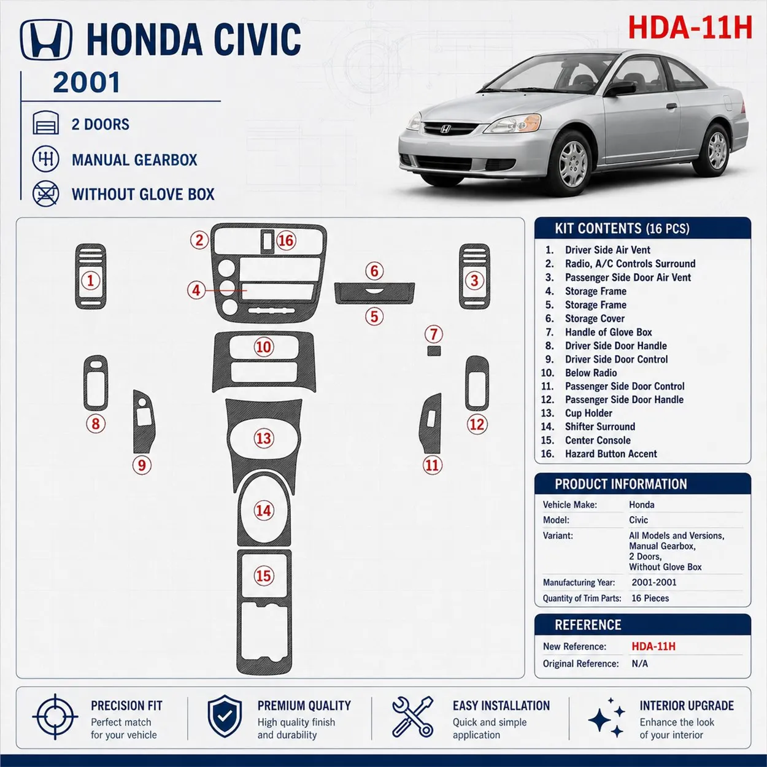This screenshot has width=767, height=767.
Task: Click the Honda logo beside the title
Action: point(46,40)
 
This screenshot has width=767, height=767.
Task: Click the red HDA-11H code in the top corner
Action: point(690,28)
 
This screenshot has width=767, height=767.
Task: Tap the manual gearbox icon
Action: point(46,159)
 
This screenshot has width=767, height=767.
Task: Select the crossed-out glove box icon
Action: point(46,194)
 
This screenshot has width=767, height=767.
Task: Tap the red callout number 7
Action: point(434,334)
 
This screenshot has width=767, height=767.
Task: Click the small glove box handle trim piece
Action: point(434,350)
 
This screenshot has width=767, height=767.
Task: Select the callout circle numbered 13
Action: point(263,438)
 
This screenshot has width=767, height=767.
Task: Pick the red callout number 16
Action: point(286,241)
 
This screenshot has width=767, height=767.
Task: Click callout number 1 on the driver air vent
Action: point(90,280)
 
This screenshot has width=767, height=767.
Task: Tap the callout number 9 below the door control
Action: point(142,465)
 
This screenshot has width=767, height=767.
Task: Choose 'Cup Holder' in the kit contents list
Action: point(588,413)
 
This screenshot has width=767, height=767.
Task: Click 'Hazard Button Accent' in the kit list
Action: point(611,453)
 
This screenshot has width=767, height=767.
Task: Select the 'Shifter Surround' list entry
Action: point(600,426)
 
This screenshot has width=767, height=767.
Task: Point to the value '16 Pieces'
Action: point(650,598)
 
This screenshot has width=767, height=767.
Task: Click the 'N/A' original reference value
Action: point(639,663)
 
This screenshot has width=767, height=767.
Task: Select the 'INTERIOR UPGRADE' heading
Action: point(687,706)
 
